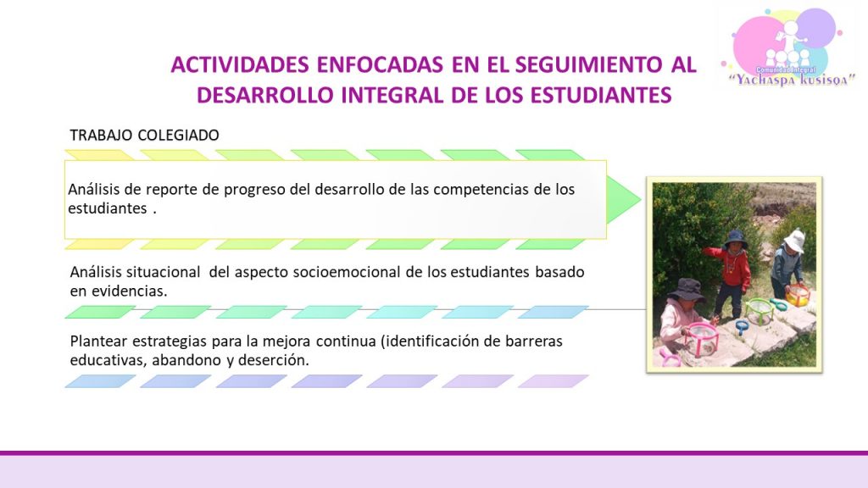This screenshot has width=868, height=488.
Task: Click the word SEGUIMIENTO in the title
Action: (x=588, y=64)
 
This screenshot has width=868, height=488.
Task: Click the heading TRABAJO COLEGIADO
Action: (x=144, y=135)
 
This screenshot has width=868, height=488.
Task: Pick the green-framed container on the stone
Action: (x=759, y=311)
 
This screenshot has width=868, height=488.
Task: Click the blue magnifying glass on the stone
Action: (x=741, y=327)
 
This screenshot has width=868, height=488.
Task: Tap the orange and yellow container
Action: (x=798, y=295)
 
